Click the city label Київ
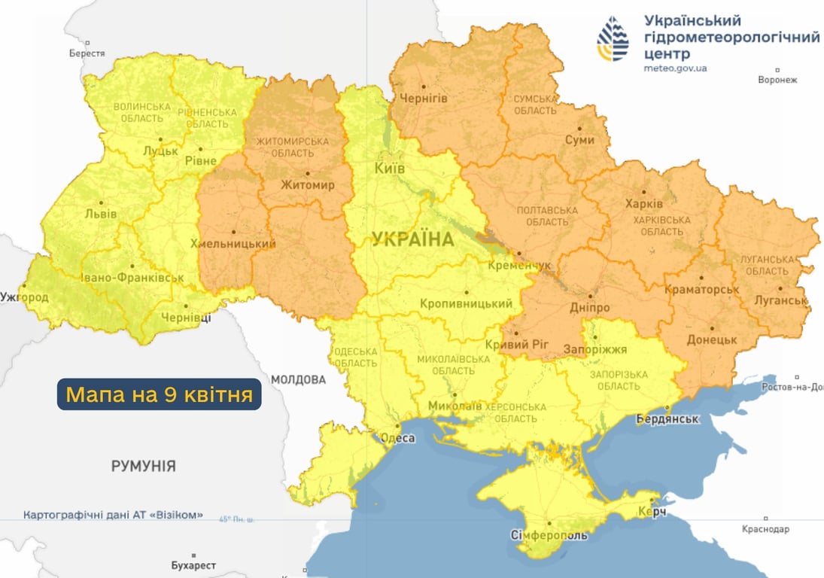tap(390, 169)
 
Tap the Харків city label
tap(643, 204)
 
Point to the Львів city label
tap(102, 214)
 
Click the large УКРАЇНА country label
tap(413, 240)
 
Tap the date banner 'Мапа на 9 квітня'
tap(160, 394)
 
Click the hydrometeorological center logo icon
tap(613, 39)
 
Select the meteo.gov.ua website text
tap(675, 68)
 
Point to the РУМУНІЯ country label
tap(144, 466)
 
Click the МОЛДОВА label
tap(299, 379)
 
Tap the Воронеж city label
tap(777, 80)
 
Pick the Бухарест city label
tap(193, 565)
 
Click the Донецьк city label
tap(711, 339)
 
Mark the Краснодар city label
tap(765, 529)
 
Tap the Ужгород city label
tap(24, 297)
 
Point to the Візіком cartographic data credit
tap(114, 516)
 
